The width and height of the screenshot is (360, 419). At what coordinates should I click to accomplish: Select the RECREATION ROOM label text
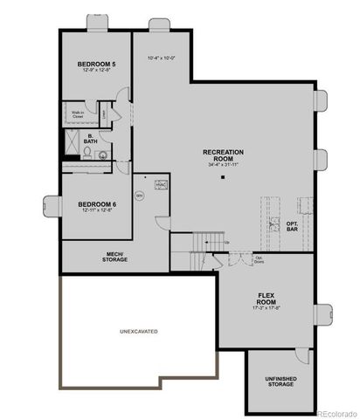point(224,155)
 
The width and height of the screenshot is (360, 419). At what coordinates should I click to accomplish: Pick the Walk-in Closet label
point(78,113)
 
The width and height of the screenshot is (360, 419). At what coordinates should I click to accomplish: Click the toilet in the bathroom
point(88,154)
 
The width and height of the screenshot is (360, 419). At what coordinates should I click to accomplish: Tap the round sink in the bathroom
point(103,155)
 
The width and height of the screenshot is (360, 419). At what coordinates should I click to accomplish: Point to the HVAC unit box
point(160,186)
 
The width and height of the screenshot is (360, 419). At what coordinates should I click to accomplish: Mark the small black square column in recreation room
point(225,177)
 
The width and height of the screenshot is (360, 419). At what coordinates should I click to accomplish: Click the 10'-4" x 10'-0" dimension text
point(163,58)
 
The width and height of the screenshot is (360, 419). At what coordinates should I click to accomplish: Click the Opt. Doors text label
point(259,259)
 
